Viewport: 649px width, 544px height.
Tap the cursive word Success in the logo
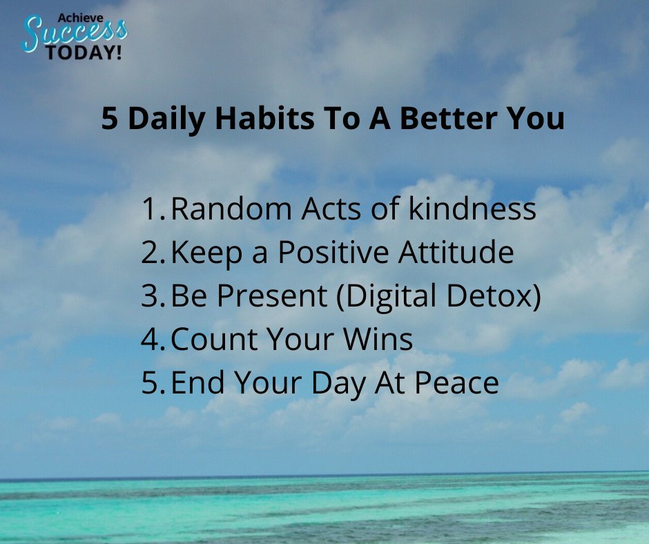coord(74,33)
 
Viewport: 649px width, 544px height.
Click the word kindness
coord(472,209)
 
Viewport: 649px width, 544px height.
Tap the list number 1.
coord(151,209)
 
